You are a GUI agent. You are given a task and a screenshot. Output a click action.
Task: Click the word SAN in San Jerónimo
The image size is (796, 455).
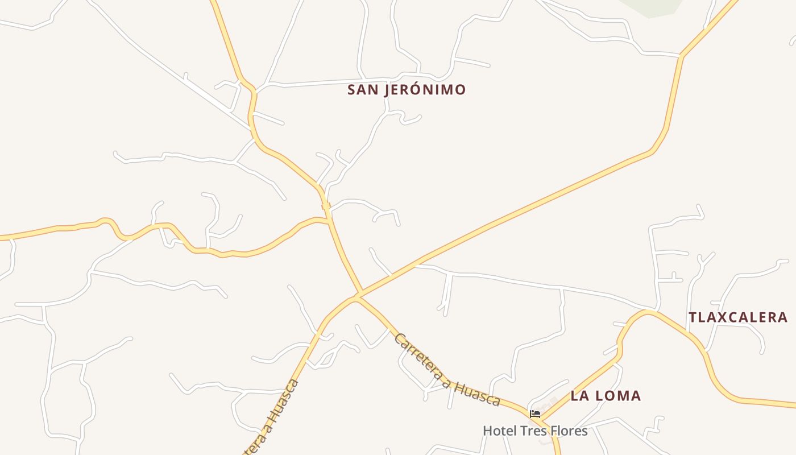click(x=363, y=90)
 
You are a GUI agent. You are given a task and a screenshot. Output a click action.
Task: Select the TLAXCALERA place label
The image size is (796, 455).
click(x=738, y=317)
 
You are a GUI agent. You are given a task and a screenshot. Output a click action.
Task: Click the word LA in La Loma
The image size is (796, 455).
click(x=579, y=396)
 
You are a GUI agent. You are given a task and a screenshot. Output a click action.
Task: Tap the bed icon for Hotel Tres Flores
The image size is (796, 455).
click(x=534, y=414)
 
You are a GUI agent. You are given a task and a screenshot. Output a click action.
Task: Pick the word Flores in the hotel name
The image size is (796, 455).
click(x=569, y=431)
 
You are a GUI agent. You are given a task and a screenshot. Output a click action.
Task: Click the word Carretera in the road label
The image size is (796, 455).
click(x=421, y=358)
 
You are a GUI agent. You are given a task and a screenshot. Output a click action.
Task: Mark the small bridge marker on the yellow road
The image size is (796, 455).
click(x=326, y=206)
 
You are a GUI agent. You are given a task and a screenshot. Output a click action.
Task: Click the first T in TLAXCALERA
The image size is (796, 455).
click(x=693, y=317)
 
